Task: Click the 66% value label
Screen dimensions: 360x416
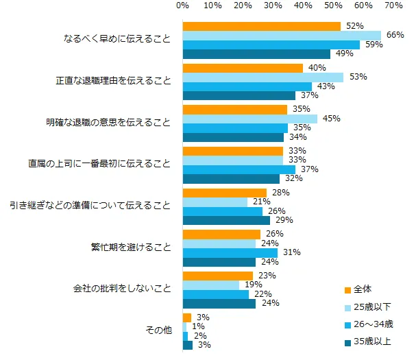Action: click(395, 35)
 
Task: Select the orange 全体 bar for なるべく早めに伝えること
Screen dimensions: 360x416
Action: click(261, 26)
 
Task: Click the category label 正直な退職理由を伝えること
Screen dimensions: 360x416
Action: click(114, 82)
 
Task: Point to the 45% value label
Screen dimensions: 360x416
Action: click(332, 119)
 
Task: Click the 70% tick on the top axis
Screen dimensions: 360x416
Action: click(394, 5)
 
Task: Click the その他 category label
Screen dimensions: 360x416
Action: click(159, 331)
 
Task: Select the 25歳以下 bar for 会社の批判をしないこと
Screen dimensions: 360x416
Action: click(210, 285)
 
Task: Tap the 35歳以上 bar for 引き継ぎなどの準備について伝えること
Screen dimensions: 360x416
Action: click(226, 220)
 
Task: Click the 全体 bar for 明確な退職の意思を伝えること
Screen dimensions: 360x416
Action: click(234, 109)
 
